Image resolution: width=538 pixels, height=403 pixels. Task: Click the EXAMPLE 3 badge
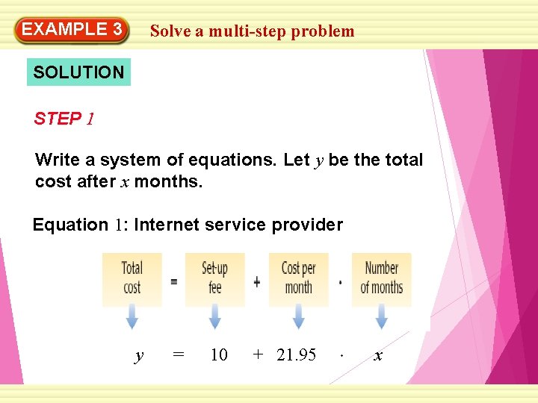pos(72,31)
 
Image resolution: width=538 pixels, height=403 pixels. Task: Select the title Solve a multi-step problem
pos(252,31)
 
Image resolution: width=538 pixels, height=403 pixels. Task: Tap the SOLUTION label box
pos(78,72)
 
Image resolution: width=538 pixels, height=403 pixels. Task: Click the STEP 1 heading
pos(64,119)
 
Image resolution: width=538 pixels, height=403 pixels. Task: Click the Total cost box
pos(132,278)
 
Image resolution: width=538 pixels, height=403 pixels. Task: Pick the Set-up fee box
pos(214,278)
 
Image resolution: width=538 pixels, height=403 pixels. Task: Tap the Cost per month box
pos(298,278)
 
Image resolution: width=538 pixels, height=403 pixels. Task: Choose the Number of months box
pos(381,278)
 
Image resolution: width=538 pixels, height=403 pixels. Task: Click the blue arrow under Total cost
pos(132,319)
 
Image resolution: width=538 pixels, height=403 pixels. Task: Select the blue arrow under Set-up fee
pos(214,319)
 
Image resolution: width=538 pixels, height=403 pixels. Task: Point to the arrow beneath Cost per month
pos(298,319)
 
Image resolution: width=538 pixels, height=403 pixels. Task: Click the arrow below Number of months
pos(381,319)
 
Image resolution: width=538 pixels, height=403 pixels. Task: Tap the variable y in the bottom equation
pos(138,356)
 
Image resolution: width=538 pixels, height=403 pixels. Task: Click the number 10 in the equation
pos(219,355)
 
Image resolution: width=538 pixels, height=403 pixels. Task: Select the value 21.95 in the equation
pos(297,355)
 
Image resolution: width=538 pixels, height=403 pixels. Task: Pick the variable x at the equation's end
pos(377,356)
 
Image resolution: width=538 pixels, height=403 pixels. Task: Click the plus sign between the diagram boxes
pos(256,281)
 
